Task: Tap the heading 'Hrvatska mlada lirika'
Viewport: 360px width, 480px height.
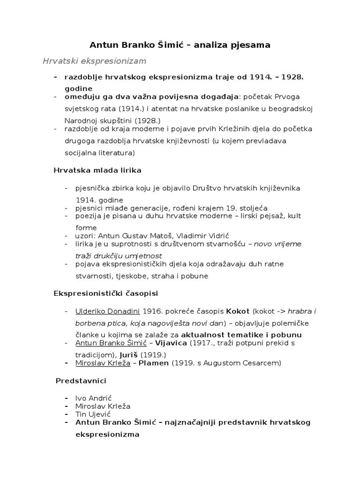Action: (97, 170)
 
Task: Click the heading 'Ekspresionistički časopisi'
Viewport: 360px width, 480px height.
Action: (105, 293)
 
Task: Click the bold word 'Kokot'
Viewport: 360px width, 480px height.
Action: (238, 311)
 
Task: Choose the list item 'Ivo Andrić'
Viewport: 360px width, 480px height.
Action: (94, 398)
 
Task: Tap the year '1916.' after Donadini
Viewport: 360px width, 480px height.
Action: (154, 311)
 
